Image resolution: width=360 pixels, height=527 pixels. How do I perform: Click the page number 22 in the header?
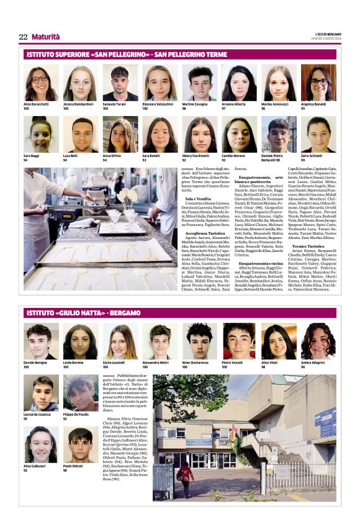[23, 37]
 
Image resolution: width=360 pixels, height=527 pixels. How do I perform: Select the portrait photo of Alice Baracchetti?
[41, 83]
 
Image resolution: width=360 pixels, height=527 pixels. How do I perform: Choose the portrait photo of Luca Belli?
[81, 135]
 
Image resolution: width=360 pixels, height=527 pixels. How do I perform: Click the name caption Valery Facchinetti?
[196, 156]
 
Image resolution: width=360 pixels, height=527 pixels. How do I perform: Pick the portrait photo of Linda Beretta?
[81, 341]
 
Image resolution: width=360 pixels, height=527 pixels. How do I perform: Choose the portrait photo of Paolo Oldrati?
[81, 445]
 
